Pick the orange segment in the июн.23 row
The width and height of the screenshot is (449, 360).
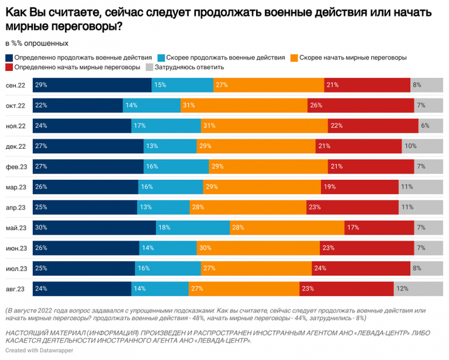pyautogui.click(x=258, y=248)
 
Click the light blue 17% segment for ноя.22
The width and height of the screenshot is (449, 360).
pyautogui.click(x=166, y=126)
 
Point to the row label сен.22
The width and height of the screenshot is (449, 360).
pyautogui.click(x=15, y=85)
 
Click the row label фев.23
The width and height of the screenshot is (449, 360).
pyautogui.click(x=15, y=166)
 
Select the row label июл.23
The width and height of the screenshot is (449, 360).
pyautogui.click(x=15, y=268)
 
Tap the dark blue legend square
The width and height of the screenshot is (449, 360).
pyautogui.click(x=8, y=58)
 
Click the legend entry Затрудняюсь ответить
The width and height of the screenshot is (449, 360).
pyautogui.click(x=189, y=67)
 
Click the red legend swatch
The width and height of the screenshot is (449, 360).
pyautogui.click(x=8, y=67)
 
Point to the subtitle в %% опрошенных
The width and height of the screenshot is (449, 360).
pyautogui.click(x=36, y=44)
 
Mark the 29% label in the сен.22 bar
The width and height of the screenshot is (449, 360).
pyautogui.click(x=41, y=85)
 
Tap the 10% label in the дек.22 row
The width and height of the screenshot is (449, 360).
pyautogui.click(x=411, y=146)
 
